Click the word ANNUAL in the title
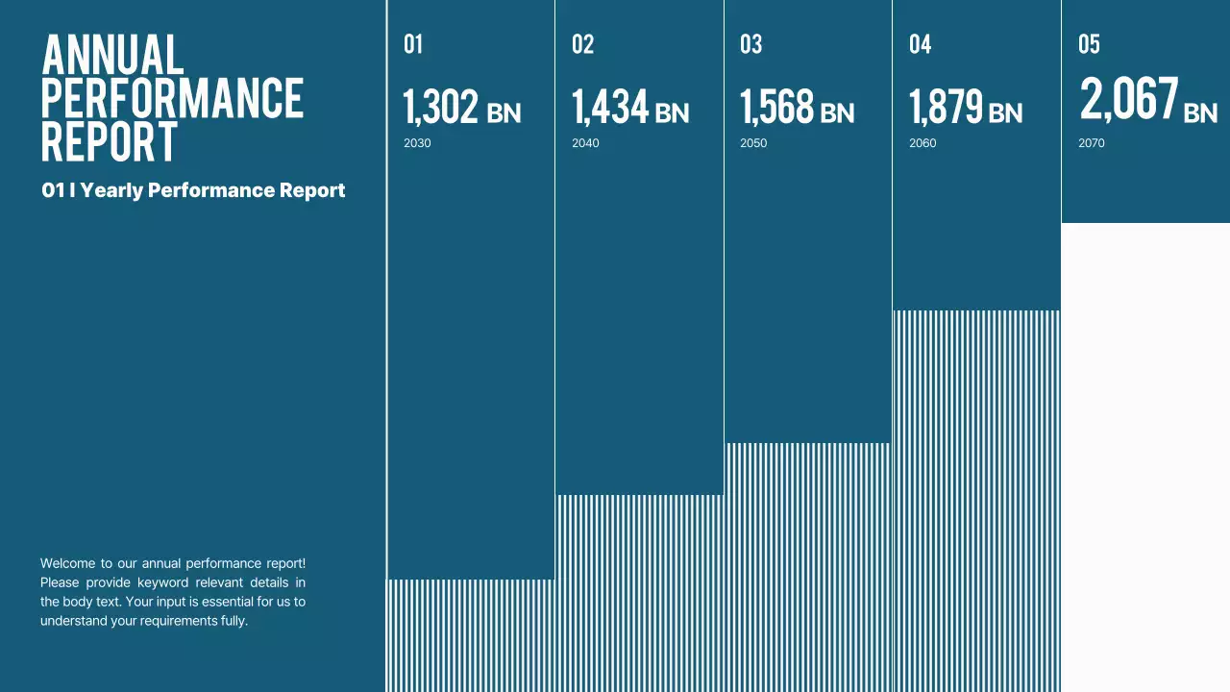coord(112,55)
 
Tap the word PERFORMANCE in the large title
coord(172,98)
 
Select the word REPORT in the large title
coord(110,141)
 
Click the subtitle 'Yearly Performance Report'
coord(212,190)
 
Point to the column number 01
coord(413,44)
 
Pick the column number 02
coord(582,44)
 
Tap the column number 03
coord(750,44)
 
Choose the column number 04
coord(920,44)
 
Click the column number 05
coord(1089,44)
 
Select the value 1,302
coord(440,107)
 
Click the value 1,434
coord(610,107)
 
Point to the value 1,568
coord(776,107)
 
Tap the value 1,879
coord(946,107)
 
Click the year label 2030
coord(417,143)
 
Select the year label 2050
coord(753,143)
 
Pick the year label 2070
coord(1092,143)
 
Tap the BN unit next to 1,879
coord(1005,113)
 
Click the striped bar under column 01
coord(471,634)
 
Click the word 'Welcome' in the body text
coord(67,563)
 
